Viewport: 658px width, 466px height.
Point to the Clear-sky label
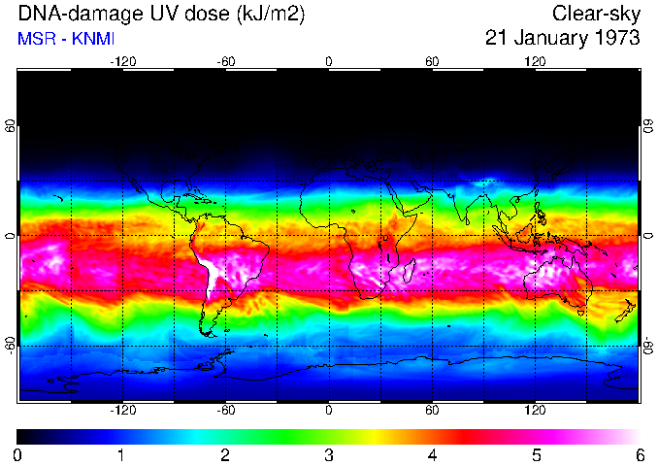click(596, 15)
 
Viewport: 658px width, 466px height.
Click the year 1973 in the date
click(615, 39)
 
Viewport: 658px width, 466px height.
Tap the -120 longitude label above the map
click(122, 61)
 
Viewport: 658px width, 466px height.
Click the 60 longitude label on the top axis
click(432, 61)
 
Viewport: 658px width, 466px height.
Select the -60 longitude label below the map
click(225, 410)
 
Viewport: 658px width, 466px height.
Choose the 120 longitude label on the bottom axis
click(535, 410)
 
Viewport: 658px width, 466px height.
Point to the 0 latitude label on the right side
click(647, 236)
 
